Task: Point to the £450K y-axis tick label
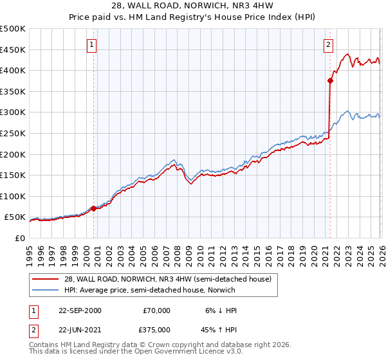click(x=13, y=50)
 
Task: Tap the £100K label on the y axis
click(x=13, y=196)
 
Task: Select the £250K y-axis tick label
click(x=13, y=133)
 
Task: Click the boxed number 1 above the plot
click(x=93, y=45)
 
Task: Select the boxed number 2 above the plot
click(x=328, y=45)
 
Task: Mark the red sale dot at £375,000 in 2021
click(x=330, y=81)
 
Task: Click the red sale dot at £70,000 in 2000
click(x=94, y=208)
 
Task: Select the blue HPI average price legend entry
click(x=149, y=290)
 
